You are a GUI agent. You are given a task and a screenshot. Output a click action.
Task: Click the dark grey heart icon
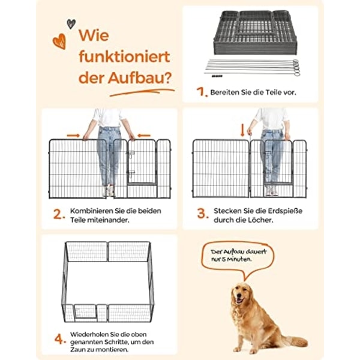[x=71, y=24]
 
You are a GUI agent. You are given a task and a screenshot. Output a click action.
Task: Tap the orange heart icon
[x=59, y=41]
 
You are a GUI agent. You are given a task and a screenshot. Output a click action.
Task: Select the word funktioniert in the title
[x=124, y=56]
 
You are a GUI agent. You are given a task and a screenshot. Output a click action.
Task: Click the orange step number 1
[x=202, y=92]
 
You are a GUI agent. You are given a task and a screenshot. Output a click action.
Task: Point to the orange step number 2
[x=59, y=214]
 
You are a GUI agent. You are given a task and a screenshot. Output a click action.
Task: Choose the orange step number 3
[x=203, y=214]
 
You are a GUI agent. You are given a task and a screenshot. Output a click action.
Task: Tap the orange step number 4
[x=60, y=339]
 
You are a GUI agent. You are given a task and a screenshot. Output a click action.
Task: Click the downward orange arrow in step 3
[x=242, y=130]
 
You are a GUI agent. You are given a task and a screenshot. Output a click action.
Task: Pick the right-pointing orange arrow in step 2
[x=73, y=136]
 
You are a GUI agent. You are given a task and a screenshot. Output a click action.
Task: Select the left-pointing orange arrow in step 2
[x=144, y=136]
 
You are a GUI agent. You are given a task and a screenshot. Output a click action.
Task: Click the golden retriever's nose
[x=238, y=295]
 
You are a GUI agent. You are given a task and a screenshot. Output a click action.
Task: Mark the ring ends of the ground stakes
[x=296, y=67]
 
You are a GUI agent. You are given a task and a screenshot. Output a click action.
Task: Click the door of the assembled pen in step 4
[x=85, y=311]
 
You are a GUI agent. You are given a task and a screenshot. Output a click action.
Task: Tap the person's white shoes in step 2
[x=108, y=191]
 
